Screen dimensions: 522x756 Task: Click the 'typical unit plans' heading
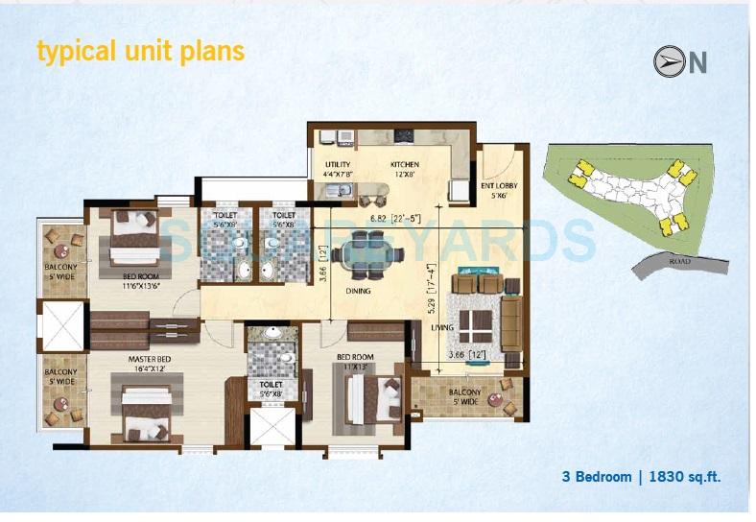(140, 50)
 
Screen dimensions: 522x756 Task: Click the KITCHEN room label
(404, 165)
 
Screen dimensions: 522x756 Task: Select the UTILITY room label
(338, 165)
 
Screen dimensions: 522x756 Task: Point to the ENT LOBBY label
(499, 186)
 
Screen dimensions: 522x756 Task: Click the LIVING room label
(442, 328)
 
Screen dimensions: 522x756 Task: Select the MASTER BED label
(149, 360)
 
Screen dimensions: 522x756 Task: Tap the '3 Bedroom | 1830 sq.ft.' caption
(641, 476)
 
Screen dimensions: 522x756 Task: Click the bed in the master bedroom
(150, 416)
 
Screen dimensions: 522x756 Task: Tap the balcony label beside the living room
(465, 394)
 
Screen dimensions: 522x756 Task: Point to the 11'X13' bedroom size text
(357, 367)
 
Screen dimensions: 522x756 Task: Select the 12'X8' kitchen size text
(404, 176)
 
